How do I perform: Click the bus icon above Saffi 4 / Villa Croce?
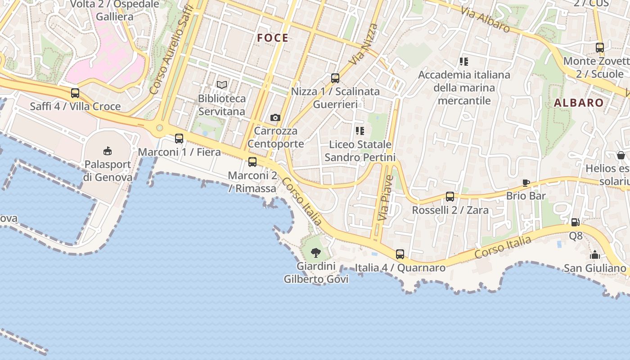pyautogui.click(x=75, y=93)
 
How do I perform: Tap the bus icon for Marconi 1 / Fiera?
pyautogui.click(x=179, y=139)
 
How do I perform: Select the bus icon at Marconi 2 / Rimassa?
pyautogui.click(x=252, y=162)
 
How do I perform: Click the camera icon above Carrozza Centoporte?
pyautogui.click(x=275, y=118)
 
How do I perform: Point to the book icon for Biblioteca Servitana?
pyautogui.click(x=222, y=85)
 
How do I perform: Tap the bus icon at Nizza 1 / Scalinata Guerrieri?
pyautogui.click(x=335, y=78)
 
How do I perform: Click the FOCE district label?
pyautogui.click(x=273, y=38)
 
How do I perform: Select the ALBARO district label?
pyautogui.click(x=579, y=103)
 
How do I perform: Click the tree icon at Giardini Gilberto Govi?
pyautogui.click(x=316, y=252)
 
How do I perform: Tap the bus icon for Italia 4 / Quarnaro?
pyautogui.click(x=400, y=254)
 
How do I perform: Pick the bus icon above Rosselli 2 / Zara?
pyautogui.click(x=450, y=197)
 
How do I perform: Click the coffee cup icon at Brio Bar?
pyautogui.click(x=526, y=183)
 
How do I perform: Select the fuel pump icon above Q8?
pyautogui.click(x=575, y=222)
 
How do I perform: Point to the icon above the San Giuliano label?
pyautogui.click(x=595, y=255)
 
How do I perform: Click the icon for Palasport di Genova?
pyautogui.click(x=108, y=151)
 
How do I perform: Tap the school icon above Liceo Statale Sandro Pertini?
pyautogui.click(x=360, y=131)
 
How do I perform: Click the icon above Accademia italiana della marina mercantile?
pyautogui.click(x=464, y=62)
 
